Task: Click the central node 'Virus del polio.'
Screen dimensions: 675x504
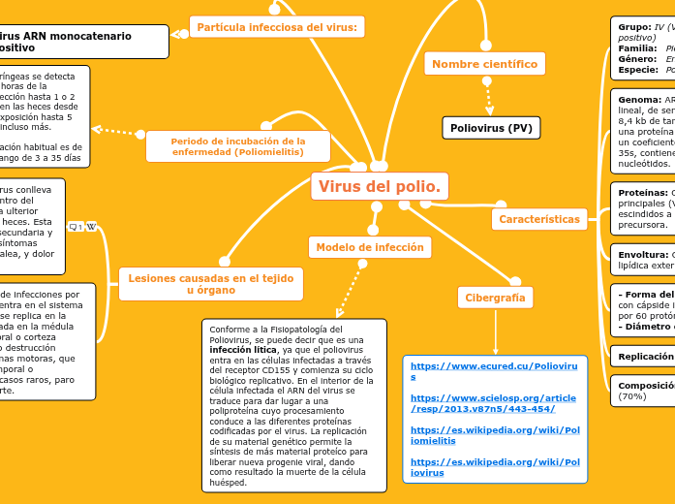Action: (380, 186)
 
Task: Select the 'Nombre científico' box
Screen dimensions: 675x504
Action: (484, 64)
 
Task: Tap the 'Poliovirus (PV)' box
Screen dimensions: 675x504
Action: (490, 128)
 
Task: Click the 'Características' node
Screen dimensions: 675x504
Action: (539, 219)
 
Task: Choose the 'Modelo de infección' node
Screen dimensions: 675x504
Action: (370, 247)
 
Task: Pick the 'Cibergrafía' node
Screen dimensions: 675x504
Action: (495, 298)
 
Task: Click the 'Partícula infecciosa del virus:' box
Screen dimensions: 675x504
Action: (277, 27)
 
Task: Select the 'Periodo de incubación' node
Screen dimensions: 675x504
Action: (238, 147)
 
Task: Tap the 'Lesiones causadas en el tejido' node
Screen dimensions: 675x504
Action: (210, 284)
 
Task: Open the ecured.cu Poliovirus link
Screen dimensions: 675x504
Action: (494, 370)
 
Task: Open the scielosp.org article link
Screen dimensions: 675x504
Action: (494, 403)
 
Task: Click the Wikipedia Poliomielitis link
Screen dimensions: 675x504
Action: (494, 434)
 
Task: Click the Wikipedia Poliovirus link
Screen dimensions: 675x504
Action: (494, 467)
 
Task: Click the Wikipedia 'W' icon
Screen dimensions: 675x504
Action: (91, 227)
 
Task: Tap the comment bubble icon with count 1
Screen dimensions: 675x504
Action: (75, 227)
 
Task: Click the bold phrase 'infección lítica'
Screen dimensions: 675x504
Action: (242, 351)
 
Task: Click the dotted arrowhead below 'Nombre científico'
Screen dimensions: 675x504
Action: (488, 107)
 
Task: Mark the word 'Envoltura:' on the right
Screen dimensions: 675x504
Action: (643, 255)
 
